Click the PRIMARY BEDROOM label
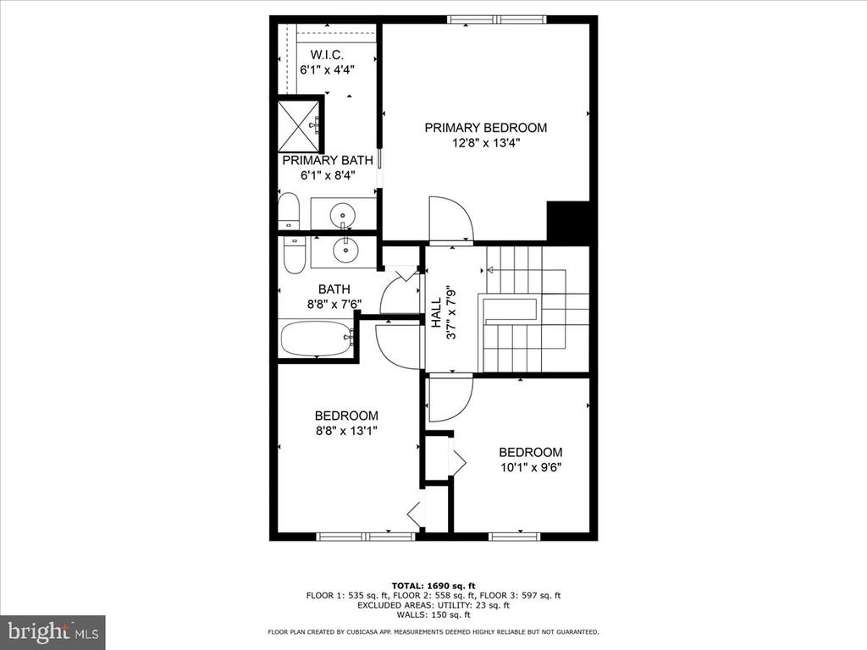(x=485, y=128)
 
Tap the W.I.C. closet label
(x=327, y=55)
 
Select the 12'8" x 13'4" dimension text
(x=486, y=143)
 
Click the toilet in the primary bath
(x=288, y=211)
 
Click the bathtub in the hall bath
(x=317, y=339)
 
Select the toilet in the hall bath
(x=294, y=255)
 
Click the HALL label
(x=436, y=313)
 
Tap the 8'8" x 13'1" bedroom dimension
(x=346, y=431)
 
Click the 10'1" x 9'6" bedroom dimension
(x=531, y=467)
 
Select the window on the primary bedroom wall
(x=496, y=20)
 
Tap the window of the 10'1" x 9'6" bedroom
(x=514, y=536)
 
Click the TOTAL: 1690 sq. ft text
(x=433, y=586)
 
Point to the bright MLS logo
(x=53, y=631)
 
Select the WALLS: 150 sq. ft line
(x=433, y=614)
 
